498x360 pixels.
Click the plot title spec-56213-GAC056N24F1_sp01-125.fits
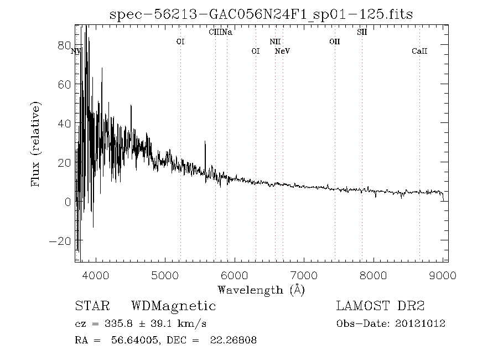(262, 14)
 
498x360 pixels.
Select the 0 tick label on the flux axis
(68, 202)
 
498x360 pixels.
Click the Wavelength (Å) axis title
(262, 289)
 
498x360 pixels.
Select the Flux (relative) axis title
(37, 143)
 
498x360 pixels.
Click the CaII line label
(419, 52)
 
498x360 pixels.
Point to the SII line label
(362, 32)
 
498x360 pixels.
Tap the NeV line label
(283, 52)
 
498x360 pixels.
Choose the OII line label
(334, 42)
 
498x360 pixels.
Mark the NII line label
(275, 42)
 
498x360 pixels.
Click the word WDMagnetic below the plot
(173, 306)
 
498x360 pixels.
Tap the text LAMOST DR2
(380, 306)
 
